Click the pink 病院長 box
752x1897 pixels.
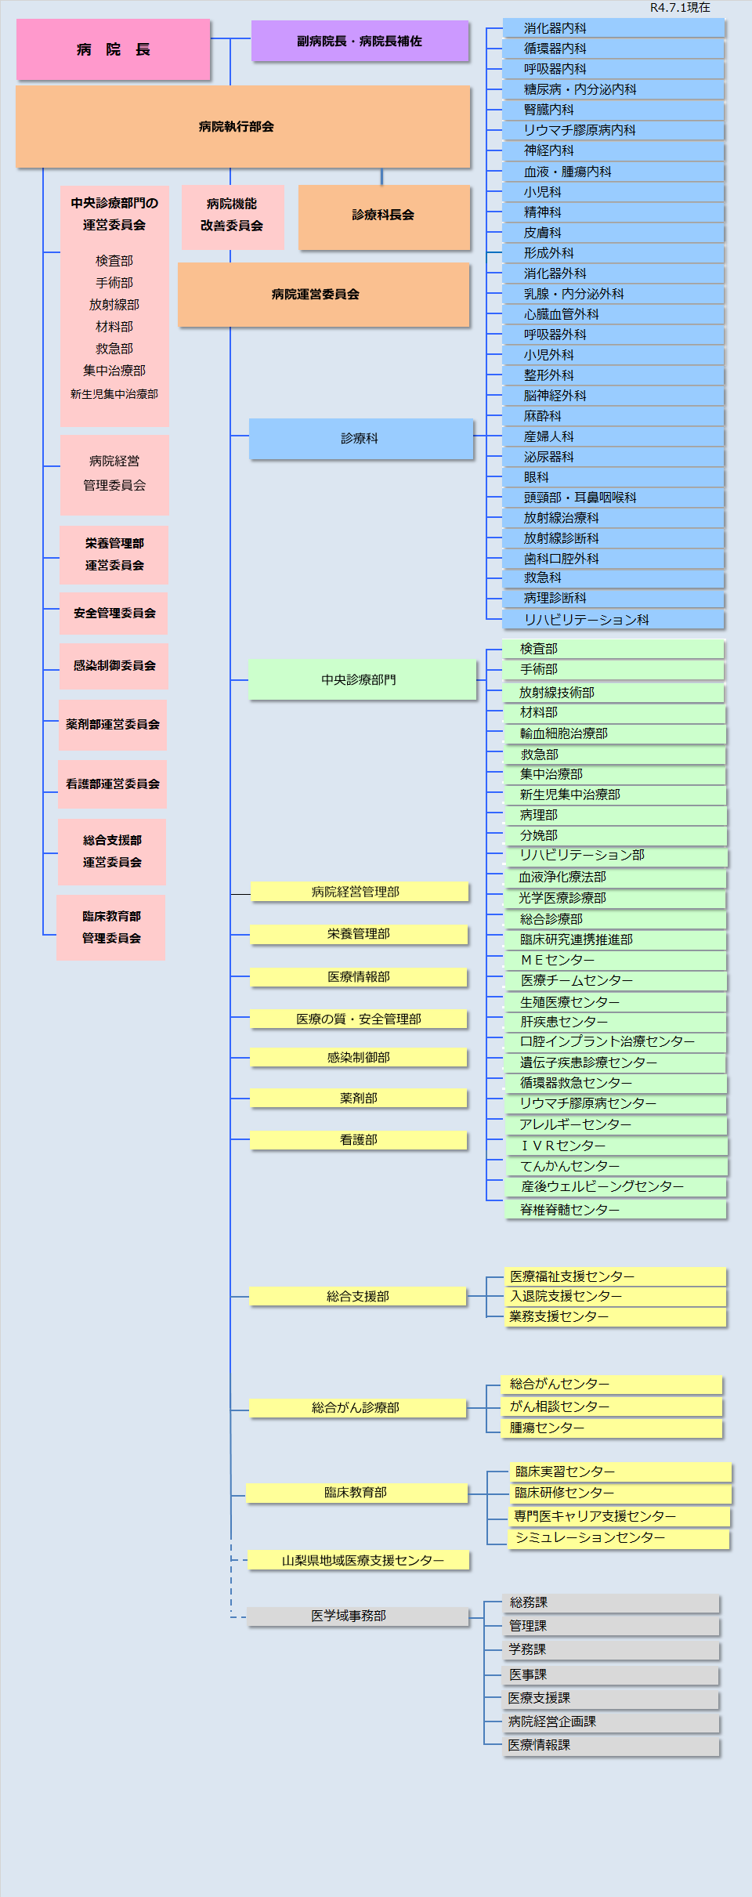tap(113, 49)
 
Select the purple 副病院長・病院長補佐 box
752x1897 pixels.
tap(360, 41)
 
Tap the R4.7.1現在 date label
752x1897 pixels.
tap(680, 8)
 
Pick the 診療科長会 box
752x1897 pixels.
tap(384, 215)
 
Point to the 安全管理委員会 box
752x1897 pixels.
tap(114, 613)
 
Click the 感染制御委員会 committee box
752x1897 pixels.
tap(114, 665)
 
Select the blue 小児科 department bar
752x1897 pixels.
tap(613, 192)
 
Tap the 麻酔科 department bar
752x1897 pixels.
tap(613, 416)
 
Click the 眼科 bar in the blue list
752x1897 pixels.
tap(613, 477)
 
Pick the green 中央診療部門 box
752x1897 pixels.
tap(361, 679)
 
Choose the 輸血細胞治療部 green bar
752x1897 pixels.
tap(614, 733)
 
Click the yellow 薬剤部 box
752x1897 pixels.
tap(359, 1098)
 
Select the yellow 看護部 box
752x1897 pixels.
tap(359, 1139)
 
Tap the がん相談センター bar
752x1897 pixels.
tap(611, 1406)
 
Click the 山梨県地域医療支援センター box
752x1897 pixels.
tap(359, 1560)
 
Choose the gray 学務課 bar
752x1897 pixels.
tap(611, 1649)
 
